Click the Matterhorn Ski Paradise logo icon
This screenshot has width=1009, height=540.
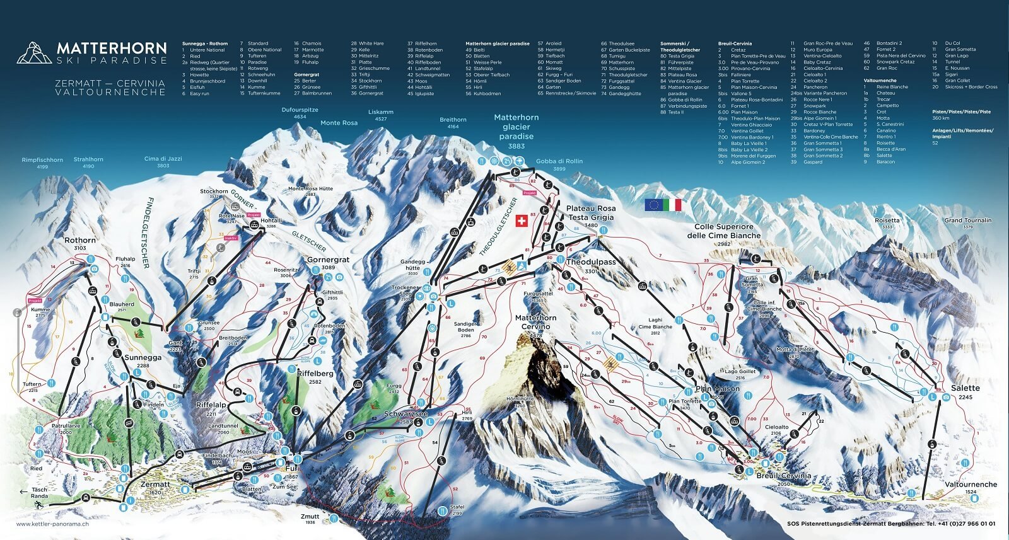[x=34, y=53]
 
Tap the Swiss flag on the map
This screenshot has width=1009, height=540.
[x=522, y=220]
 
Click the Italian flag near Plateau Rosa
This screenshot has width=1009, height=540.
[x=673, y=205]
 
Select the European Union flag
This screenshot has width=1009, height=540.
[x=653, y=205]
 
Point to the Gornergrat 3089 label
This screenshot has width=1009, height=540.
[x=328, y=260]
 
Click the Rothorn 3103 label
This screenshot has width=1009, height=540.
[x=80, y=241]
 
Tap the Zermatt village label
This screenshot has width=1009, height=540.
[x=155, y=485]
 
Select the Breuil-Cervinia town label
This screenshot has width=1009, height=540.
[x=784, y=476]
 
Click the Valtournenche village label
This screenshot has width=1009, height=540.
[x=971, y=485]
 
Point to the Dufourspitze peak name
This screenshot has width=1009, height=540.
[x=300, y=110]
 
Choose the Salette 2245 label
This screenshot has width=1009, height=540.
[x=965, y=388]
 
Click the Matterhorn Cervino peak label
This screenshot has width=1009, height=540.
[x=535, y=322]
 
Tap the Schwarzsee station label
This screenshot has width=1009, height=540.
[x=406, y=414]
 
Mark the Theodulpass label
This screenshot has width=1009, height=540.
[x=591, y=261]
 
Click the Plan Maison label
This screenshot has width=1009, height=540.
[x=718, y=389]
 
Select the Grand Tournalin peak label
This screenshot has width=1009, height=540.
[x=967, y=221]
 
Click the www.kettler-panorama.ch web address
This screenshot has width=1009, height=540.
[x=52, y=524]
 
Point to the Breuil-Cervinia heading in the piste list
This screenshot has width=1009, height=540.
[x=735, y=43]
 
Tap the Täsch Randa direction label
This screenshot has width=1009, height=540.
[x=39, y=492]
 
